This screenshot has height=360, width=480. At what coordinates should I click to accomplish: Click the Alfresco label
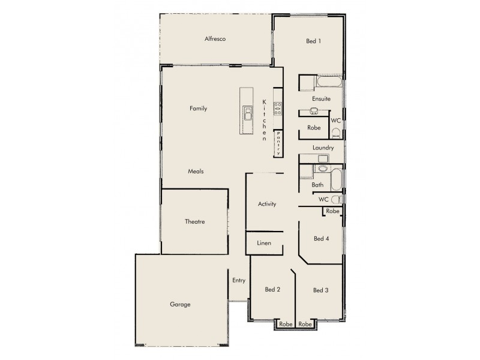point(214,39)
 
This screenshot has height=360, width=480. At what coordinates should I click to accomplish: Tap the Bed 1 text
point(313,41)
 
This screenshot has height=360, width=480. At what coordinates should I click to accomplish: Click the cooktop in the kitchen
point(278,108)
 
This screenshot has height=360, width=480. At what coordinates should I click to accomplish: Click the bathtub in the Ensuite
point(329,80)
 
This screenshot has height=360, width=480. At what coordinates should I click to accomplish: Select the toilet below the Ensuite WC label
point(335,133)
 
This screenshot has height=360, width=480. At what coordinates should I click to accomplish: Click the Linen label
point(264,244)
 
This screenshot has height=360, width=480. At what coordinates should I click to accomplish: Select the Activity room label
point(267,204)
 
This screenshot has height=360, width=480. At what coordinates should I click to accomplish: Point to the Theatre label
point(194,221)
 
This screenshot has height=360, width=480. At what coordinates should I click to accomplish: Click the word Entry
point(239,280)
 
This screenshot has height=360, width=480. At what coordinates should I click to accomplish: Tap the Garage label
point(180,304)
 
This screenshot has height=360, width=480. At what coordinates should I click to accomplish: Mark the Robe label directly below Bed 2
point(286,324)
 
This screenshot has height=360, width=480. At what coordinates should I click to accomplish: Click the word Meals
point(196,171)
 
